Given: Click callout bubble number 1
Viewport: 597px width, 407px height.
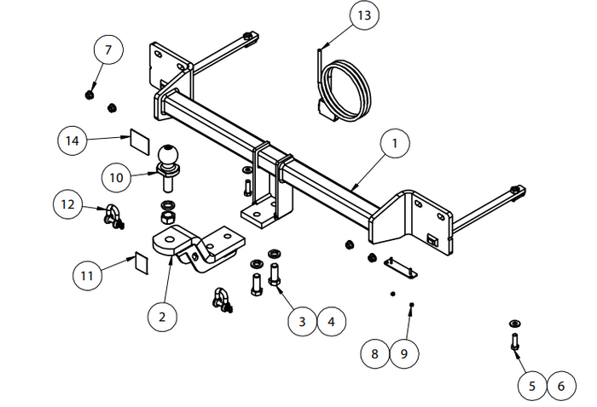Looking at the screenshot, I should pos(394,145).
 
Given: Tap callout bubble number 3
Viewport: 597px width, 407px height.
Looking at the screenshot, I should pos(301,321).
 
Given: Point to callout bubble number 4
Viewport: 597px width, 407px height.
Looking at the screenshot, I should pos(331,321).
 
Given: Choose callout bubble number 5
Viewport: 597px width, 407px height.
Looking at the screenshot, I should pos(532,386).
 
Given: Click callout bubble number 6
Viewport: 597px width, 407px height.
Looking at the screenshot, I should pos(561,386).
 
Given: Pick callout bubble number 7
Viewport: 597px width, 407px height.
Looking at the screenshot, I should pos(108,50).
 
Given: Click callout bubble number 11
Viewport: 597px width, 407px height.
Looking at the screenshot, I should pos(86,275).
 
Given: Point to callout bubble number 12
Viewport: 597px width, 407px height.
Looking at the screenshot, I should pos(69,204).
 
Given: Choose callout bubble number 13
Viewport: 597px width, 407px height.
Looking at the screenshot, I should pos(364,16).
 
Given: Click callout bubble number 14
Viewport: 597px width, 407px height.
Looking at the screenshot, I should pos(73,140).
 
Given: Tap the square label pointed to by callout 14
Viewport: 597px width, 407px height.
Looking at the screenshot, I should pos(139,139).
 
